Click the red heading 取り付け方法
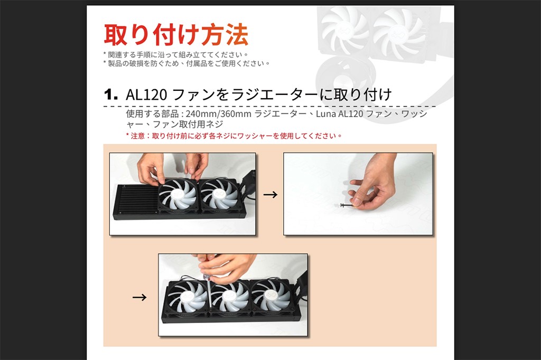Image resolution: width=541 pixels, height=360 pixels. tap(175, 34)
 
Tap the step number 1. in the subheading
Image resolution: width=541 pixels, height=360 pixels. tap(111, 94)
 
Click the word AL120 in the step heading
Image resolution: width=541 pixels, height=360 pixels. tap(146, 94)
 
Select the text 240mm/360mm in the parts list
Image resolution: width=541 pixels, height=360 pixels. tap(218, 114)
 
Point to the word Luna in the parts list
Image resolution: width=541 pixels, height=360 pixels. tap(325, 114)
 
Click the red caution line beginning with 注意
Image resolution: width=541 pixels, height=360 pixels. tap(234, 136)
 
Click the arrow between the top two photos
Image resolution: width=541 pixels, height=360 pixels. tap(270, 195)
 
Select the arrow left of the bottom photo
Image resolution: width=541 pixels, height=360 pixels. tap(139, 297)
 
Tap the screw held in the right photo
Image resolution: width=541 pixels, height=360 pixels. tap(346, 205)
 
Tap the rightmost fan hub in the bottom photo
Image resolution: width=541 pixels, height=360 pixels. tap(271, 295)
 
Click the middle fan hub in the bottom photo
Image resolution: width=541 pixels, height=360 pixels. tap(229, 296)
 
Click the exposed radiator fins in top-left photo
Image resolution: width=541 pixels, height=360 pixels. tap(137, 200)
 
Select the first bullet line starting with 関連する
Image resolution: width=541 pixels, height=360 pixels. tap(176, 54)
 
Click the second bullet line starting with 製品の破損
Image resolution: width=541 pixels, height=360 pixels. tap(186, 63)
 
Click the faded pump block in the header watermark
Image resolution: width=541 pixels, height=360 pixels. tap(345, 77)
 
